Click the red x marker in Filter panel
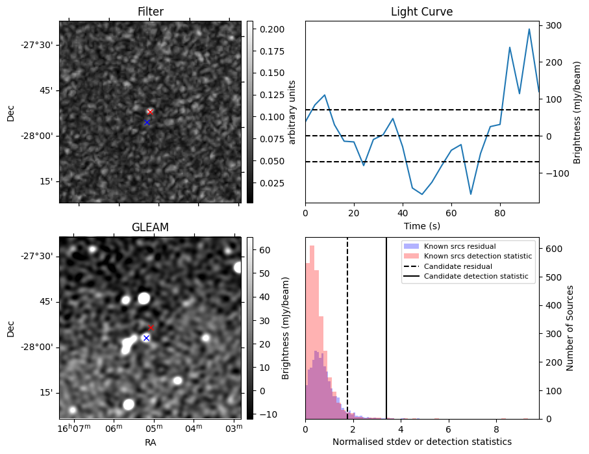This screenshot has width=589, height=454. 150,112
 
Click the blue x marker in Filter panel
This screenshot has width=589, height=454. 147,122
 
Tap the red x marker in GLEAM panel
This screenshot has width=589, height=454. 151,328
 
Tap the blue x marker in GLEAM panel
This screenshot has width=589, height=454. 146,338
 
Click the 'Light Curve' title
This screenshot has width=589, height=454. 421,12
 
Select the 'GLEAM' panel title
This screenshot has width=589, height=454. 150,227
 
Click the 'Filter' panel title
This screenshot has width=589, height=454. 150,12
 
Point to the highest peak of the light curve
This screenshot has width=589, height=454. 529,29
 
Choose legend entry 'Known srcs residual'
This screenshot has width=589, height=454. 460,246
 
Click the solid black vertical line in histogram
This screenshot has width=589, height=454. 386,325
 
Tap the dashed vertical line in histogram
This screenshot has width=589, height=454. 347,325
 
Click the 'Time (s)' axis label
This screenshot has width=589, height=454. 421,226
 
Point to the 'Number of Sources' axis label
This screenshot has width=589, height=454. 571,328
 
